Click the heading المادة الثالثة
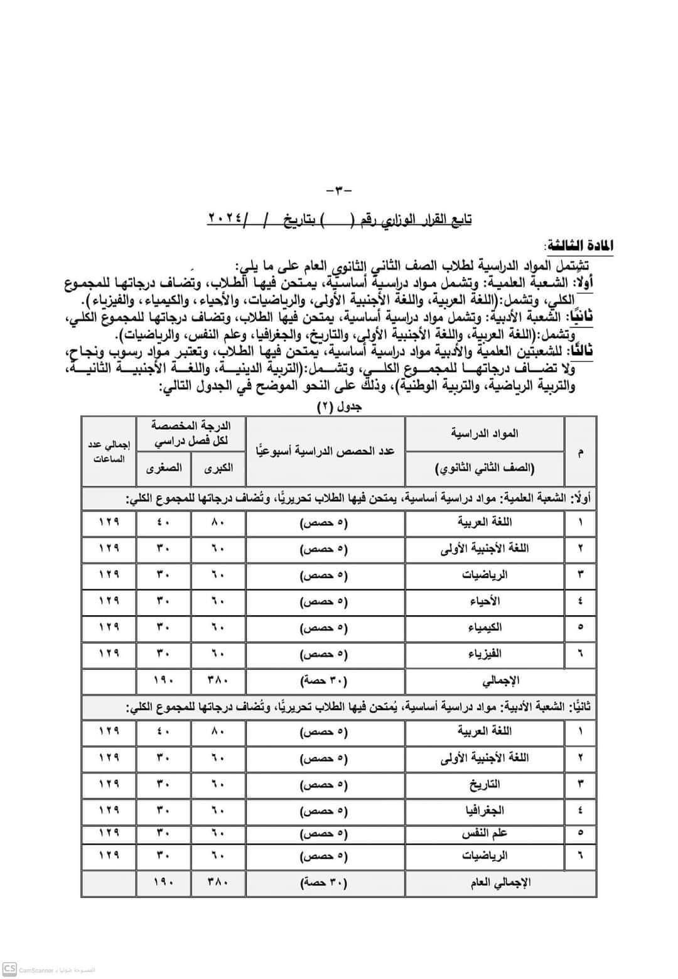click(578, 244)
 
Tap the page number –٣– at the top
click(340, 190)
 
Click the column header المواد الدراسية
click(485, 433)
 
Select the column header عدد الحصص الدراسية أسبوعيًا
click(325, 451)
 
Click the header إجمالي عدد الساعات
click(109, 451)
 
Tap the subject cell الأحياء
click(485, 601)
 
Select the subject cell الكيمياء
click(485, 627)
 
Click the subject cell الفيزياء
click(485, 654)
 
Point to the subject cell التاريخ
click(485, 784)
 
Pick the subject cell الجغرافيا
click(485, 811)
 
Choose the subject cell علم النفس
click(485, 834)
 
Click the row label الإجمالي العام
click(500, 882)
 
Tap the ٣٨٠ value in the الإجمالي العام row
click(217, 882)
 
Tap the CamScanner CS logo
click(9, 969)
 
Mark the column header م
click(580, 451)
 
